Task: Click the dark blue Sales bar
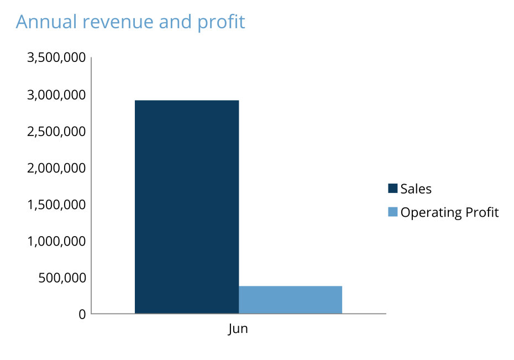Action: [x=187, y=207]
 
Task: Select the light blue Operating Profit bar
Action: [x=290, y=300]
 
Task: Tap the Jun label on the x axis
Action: [x=238, y=329]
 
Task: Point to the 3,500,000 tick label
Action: [x=56, y=58]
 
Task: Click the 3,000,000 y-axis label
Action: [x=56, y=95]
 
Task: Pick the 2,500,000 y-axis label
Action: [x=56, y=131]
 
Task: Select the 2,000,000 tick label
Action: [x=56, y=168]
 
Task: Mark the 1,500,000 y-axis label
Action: [x=56, y=204]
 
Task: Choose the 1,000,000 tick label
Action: [x=56, y=241]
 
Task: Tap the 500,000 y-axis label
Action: [x=62, y=277]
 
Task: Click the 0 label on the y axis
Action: [x=82, y=314]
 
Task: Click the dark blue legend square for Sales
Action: [x=393, y=189]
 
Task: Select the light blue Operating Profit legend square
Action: [x=393, y=212]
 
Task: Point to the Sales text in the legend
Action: [x=416, y=189]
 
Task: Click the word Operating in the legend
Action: [x=429, y=213]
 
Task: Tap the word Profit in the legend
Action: [x=480, y=212]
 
